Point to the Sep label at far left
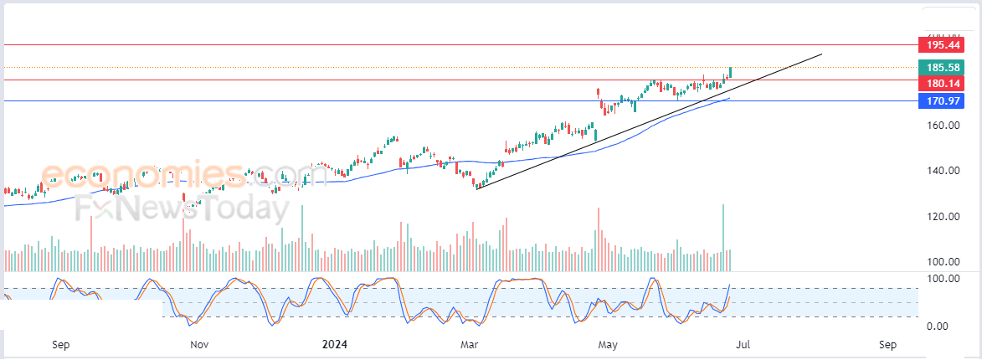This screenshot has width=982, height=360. tap(60, 344)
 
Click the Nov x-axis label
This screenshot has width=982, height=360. tap(199, 344)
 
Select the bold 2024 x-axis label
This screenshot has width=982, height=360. tap(334, 344)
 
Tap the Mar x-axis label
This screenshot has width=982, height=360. tap(469, 344)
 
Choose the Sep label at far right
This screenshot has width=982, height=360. tap(888, 344)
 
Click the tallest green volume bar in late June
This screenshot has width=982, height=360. tap(722, 230)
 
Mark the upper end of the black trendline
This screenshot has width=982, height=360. tap(821, 54)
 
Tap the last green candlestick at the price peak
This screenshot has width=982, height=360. tap(731, 72)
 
